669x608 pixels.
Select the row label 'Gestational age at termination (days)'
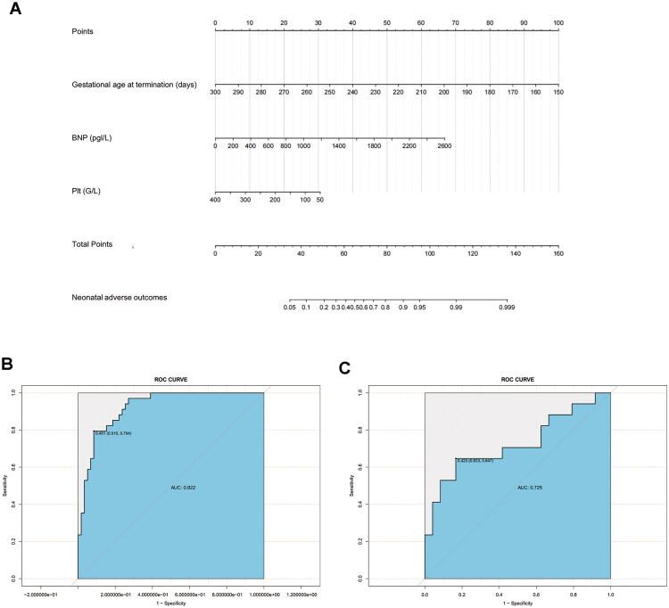click(x=134, y=86)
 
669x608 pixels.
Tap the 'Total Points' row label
click(x=92, y=243)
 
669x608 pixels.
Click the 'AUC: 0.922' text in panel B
click(x=184, y=488)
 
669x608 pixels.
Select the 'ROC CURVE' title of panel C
click(x=517, y=379)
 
